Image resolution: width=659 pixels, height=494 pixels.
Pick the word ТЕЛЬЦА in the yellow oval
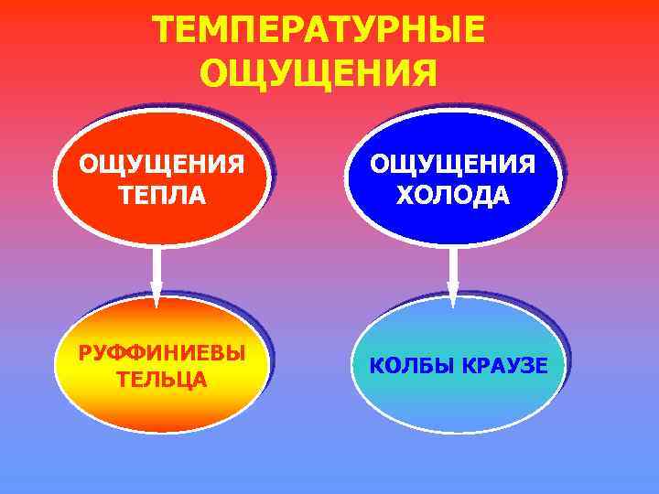click(162, 380)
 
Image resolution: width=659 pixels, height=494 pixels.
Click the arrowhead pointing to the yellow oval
click(157, 297)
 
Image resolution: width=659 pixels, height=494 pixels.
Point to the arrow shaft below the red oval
click(157, 265)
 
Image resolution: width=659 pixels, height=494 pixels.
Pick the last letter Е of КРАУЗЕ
click(541, 366)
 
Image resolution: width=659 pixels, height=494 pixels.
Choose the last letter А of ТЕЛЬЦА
click(199, 380)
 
